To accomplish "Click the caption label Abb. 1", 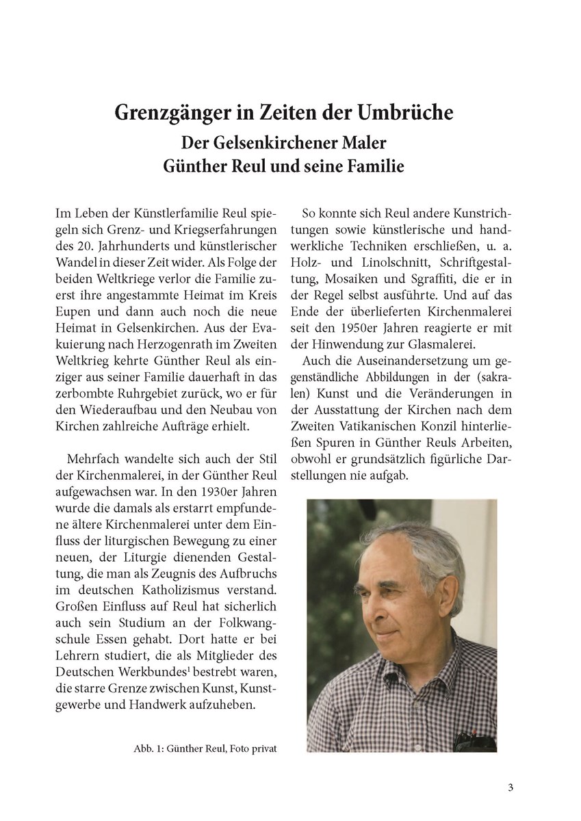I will coord(148,748).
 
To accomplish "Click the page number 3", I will coord(511,787).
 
